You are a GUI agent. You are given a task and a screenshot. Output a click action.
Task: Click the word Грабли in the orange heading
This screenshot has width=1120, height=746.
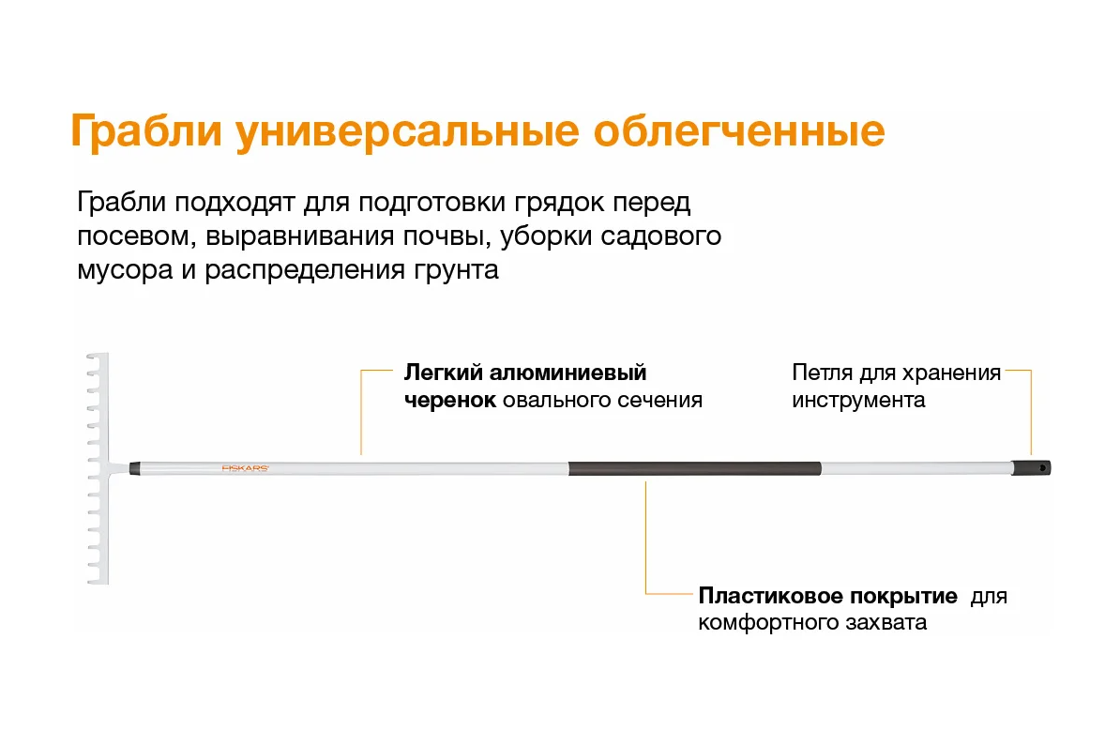(x=146, y=131)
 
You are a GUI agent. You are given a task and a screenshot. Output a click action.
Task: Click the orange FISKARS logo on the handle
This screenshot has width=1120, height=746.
(x=245, y=469)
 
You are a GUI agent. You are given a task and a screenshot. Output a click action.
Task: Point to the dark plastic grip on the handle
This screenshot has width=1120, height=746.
(x=695, y=469)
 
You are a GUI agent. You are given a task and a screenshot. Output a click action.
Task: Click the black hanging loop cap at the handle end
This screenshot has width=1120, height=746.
(x=1032, y=468)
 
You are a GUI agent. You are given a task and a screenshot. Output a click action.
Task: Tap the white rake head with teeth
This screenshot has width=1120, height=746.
(x=98, y=469)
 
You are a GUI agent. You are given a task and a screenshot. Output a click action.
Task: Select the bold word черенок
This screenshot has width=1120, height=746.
(x=450, y=400)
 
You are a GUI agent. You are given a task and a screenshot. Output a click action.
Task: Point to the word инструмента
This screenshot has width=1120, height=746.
(x=858, y=400)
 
